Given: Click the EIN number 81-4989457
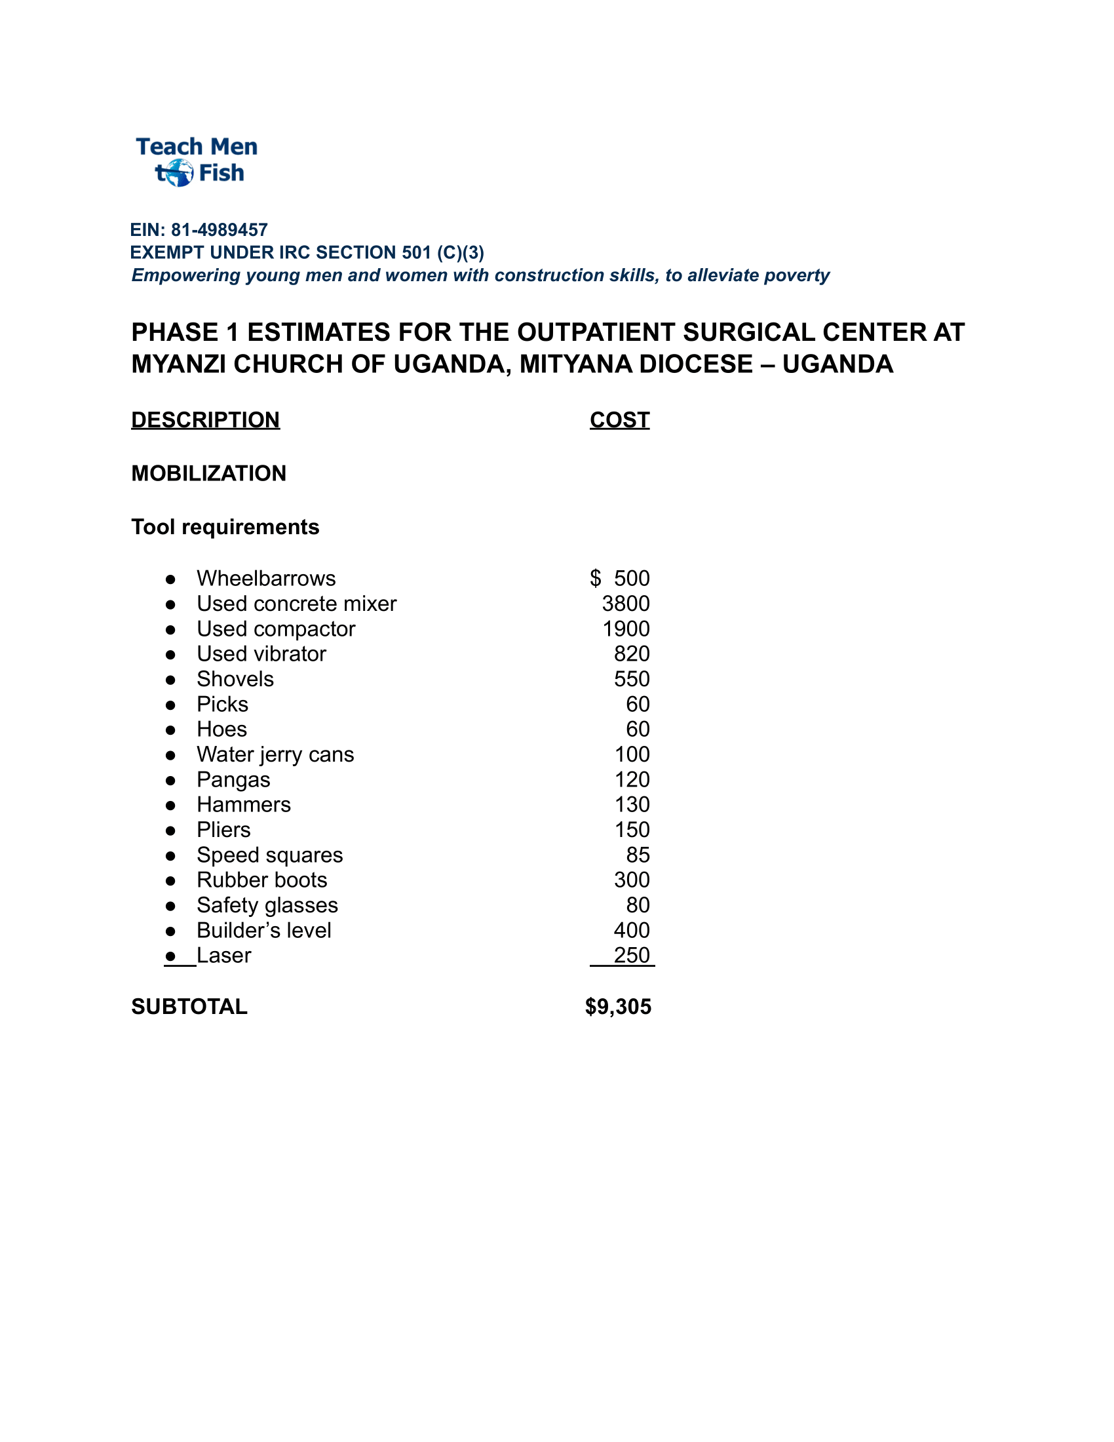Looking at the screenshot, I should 219,230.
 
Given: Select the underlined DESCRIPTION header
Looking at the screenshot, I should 205,420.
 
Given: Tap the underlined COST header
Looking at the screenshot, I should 619,420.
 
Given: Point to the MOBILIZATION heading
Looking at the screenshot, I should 208,473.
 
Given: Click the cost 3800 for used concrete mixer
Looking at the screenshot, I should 626,604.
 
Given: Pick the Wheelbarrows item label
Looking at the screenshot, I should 266,578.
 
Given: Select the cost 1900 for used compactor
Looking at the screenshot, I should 626,629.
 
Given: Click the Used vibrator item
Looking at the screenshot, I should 261,653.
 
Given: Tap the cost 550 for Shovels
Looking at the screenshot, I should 632,679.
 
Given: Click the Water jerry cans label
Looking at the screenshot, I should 275,754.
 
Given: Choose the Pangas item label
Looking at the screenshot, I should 234,780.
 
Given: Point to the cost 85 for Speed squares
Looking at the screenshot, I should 638,855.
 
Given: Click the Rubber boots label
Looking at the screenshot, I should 262,880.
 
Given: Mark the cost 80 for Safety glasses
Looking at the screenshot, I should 638,905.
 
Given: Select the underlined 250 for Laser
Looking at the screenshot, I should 632,956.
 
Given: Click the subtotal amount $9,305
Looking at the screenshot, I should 618,1007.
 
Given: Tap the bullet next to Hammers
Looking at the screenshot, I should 170,806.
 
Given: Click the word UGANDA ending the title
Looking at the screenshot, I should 837,364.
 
